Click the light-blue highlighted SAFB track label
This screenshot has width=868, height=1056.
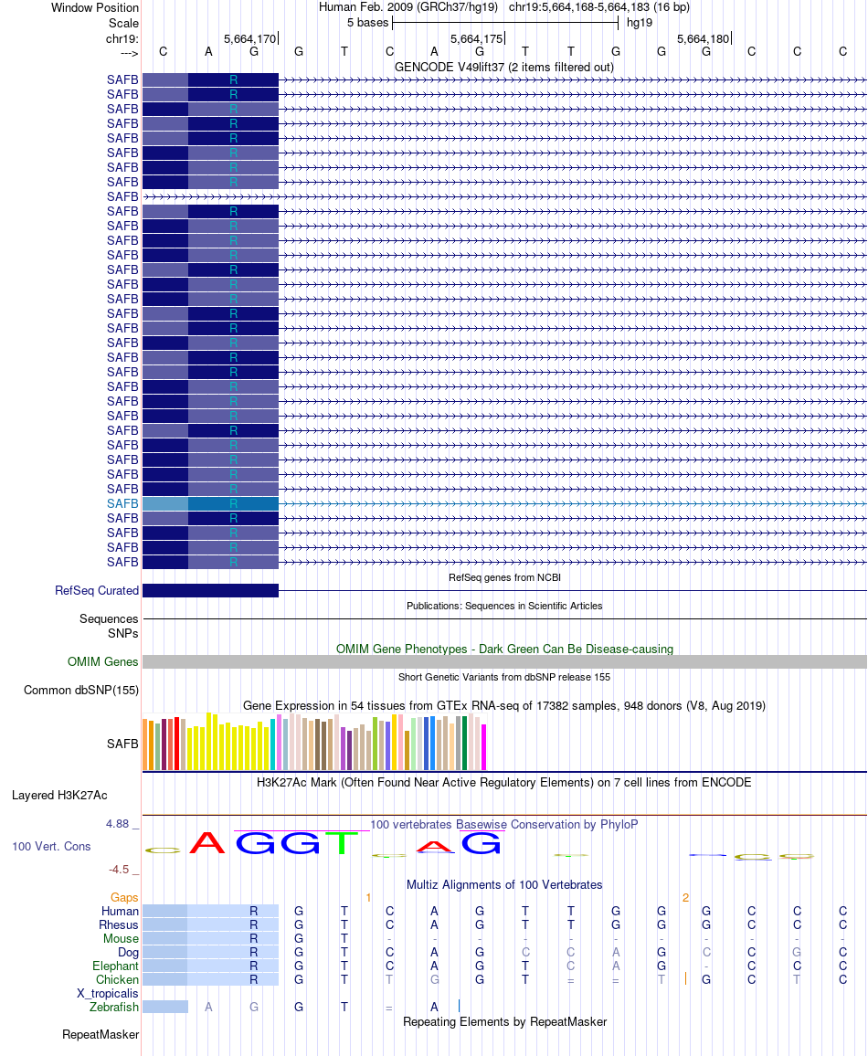tap(122, 503)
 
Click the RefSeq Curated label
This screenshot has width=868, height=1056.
tap(97, 590)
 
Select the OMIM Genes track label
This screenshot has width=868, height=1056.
tap(103, 662)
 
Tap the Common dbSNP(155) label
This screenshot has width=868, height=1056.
tap(81, 690)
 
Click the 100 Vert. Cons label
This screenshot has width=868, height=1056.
tap(51, 847)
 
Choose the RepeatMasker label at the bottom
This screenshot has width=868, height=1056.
tap(101, 1035)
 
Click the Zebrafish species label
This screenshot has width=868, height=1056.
tap(114, 1007)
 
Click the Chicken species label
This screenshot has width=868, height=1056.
tap(117, 979)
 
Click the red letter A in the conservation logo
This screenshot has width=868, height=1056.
tap(207, 842)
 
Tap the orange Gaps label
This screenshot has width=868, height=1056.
tap(124, 898)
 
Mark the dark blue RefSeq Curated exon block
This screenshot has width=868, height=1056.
tap(210, 590)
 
